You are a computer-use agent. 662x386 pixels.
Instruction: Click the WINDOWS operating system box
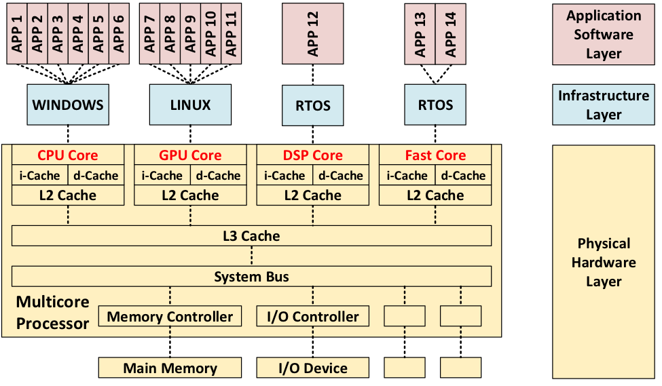68,104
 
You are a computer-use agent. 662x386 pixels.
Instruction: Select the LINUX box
190,104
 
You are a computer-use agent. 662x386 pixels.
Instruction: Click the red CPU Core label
68,155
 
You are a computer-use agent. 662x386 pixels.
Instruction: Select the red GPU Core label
190,155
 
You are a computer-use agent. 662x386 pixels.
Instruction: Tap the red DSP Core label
313,155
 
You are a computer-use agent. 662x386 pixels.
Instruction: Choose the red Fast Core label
435,155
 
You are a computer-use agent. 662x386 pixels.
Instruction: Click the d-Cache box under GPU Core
219,176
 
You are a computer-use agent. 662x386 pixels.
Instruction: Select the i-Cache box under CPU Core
40,176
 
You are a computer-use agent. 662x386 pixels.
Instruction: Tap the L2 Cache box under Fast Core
435,195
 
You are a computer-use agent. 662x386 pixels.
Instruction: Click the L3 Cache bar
251,236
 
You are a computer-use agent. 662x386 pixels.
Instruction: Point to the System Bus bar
251,276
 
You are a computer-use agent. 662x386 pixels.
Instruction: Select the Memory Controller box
170,316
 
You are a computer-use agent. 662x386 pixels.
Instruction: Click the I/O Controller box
313,316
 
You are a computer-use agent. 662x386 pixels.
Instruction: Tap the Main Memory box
170,368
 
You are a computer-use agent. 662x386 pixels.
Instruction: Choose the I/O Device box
313,368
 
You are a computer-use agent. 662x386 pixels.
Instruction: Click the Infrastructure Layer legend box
604,104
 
